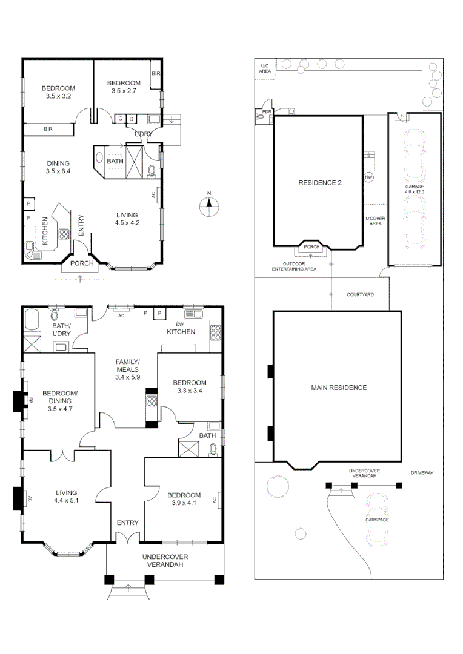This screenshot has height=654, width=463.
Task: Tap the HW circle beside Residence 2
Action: pyautogui.click(x=368, y=177)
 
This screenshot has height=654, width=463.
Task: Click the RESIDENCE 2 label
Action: pyautogui.click(x=319, y=182)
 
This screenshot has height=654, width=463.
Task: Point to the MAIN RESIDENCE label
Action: pyautogui.click(x=339, y=388)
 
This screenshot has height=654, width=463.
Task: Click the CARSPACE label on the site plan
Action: pyautogui.click(x=377, y=520)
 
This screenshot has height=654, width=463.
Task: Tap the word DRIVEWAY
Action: pyautogui.click(x=422, y=472)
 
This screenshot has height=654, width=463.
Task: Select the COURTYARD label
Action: pyautogui.click(x=360, y=294)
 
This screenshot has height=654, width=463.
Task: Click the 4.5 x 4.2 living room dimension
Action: pyautogui.click(x=128, y=223)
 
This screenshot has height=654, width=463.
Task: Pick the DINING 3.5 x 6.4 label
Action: pyautogui.click(x=58, y=167)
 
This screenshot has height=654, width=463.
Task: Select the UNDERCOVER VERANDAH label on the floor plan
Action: pyautogui.click(x=165, y=560)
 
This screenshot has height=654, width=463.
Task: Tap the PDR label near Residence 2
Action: pyautogui.click(x=265, y=111)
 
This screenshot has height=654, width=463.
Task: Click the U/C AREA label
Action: pyautogui.click(x=265, y=68)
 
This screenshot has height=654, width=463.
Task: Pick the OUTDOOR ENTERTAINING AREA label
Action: pyautogui.click(x=294, y=266)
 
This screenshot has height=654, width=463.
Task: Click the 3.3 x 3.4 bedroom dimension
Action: pyautogui.click(x=189, y=391)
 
